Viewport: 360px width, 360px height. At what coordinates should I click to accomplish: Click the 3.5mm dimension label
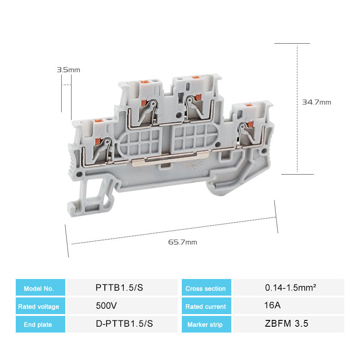click(x=68, y=70)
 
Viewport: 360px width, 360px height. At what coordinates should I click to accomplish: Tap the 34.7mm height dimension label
click(x=316, y=102)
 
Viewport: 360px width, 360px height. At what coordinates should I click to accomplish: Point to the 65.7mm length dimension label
click(x=183, y=242)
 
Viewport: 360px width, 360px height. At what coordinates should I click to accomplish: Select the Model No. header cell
click(x=40, y=288)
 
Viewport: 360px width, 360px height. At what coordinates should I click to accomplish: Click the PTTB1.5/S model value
click(x=119, y=288)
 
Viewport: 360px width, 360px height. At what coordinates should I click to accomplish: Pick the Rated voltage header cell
click(x=40, y=306)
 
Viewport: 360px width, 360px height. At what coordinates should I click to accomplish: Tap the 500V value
click(x=106, y=306)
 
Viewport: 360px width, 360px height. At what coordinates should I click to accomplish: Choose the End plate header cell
click(x=40, y=324)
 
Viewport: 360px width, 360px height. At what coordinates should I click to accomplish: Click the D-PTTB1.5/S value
click(x=124, y=324)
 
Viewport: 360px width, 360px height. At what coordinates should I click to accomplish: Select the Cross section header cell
click(x=207, y=288)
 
